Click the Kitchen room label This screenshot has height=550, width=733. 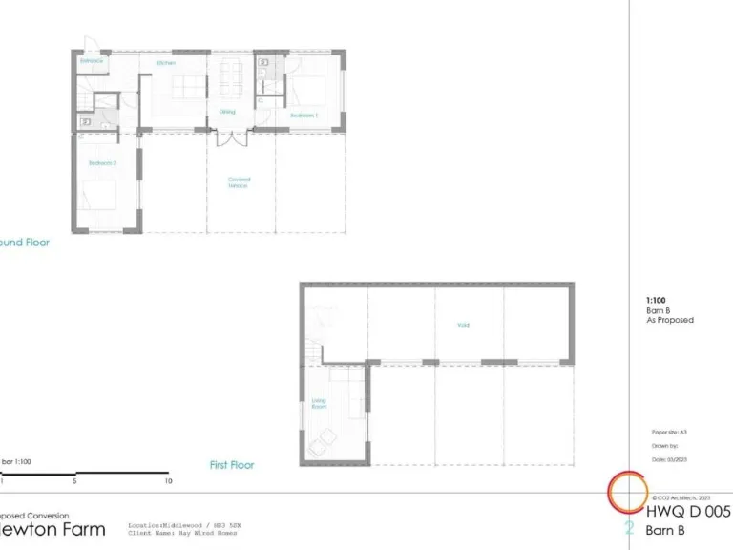[166, 63]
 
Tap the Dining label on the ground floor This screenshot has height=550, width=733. [227, 111]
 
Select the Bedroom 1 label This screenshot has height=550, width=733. [304, 115]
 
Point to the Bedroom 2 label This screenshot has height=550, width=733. [102, 163]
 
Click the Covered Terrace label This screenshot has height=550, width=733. [238, 181]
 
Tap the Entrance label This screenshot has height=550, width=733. [92, 61]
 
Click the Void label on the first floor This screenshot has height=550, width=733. [463, 325]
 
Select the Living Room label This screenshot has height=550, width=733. [320, 404]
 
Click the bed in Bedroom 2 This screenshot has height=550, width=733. [99, 198]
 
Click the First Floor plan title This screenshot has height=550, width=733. [232, 465]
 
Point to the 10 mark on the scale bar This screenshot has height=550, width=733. [169, 481]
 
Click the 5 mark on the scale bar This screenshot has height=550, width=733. [74, 481]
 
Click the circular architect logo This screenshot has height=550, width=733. [630, 493]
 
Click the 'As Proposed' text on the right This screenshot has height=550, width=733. [670, 320]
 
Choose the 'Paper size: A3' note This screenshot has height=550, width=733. [669, 433]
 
